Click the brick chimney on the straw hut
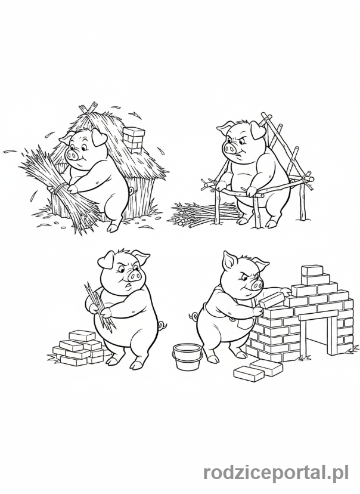[x=133, y=139]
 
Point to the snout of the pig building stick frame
[x=229, y=149]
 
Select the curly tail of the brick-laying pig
[x=193, y=316]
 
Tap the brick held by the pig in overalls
[x=272, y=298]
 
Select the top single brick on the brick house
[x=312, y=271]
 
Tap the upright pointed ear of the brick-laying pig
[x=228, y=261]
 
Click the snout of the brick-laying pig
[x=256, y=285]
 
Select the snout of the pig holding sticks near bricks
[x=135, y=277]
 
